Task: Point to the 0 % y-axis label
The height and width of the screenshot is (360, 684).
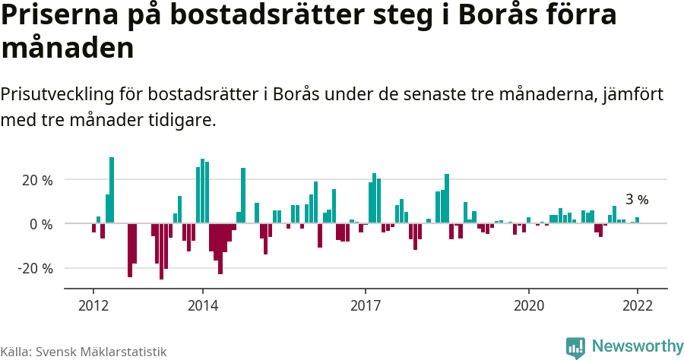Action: pyautogui.click(x=43, y=225)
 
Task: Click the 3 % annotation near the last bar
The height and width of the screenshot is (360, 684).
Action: pyautogui.click(x=637, y=200)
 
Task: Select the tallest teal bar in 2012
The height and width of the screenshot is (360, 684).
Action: pyautogui.click(x=112, y=190)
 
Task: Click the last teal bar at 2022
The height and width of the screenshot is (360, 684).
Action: pyautogui.click(x=637, y=220)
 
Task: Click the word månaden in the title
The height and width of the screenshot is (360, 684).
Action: pyautogui.click(x=68, y=49)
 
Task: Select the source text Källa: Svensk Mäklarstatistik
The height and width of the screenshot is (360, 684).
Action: pyautogui.click(x=84, y=352)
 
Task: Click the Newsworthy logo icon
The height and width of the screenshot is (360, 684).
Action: pyautogui.click(x=575, y=347)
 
